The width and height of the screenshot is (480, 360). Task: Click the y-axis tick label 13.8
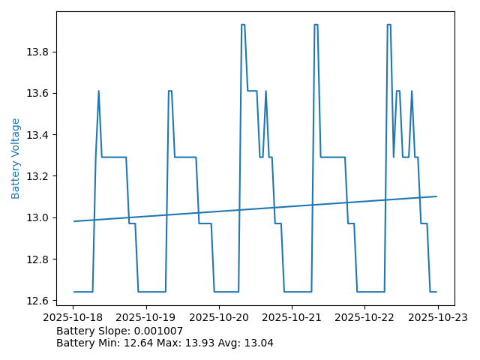(39, 52)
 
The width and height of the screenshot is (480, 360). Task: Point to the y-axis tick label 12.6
(39, 301)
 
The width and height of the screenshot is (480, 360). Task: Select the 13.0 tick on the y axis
(39, 217)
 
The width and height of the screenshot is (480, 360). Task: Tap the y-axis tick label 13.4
(39, 135)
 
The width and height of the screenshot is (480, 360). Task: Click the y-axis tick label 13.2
(39, 176)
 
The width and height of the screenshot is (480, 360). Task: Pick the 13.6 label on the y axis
(39, 93)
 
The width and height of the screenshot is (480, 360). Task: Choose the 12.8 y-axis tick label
(39, 259)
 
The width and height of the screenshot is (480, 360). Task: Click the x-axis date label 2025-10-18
(73, 317)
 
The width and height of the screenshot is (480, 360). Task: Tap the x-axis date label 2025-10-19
(146, 317)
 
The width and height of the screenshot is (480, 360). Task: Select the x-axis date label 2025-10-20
(219, 317)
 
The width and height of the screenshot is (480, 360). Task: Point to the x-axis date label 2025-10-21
(292, 317)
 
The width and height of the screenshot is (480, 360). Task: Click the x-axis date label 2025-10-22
(364, 317)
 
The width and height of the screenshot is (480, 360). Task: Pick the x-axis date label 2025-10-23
(437, 317)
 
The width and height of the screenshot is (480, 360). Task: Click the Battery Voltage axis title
(16, 158)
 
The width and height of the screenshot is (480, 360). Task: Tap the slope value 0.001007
(157, 331)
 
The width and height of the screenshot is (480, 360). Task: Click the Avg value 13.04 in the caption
(257, 343)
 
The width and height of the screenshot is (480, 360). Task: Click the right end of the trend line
(436, 196)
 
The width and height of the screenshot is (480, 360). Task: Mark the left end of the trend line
(74, 221)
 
